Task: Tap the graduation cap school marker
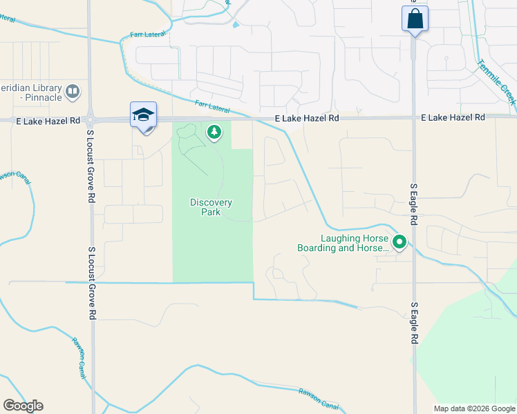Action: coord(143,115)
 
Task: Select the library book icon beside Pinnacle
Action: coord(72,91)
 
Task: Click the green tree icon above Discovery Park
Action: coord(214,131)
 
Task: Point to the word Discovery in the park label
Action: coord(211,202)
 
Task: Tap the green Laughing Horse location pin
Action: coord(399,242)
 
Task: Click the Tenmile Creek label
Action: coord(496,81)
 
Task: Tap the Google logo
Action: coord(23,406)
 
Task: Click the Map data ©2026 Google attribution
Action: coord(473,408)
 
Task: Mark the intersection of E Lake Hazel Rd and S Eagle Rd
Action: coord(414,117)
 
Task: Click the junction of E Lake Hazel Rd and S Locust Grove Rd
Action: coord(91,119)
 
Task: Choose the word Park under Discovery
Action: coord(211,212)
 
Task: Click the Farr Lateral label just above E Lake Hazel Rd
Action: coord(212,107)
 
